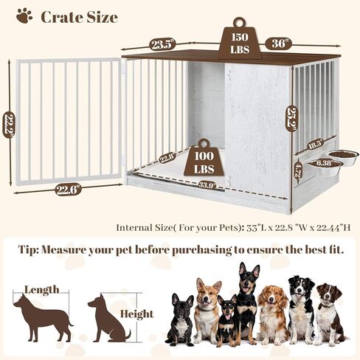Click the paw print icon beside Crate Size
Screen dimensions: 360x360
pos(24,15)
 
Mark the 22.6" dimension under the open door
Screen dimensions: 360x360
pos(67,190)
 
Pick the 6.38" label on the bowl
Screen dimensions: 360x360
pos(324,163)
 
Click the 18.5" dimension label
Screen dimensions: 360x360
pos(315,144)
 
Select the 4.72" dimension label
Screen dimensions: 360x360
pos(297,173)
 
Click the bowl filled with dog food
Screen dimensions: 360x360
pos(343,156)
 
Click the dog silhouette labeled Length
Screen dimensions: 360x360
pos(42,315)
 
